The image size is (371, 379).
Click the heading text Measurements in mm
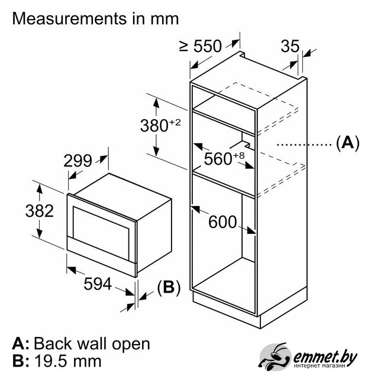click(95, 18)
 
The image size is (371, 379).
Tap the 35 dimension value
click(289, 47)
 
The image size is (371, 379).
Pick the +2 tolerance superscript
click(175, 123)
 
